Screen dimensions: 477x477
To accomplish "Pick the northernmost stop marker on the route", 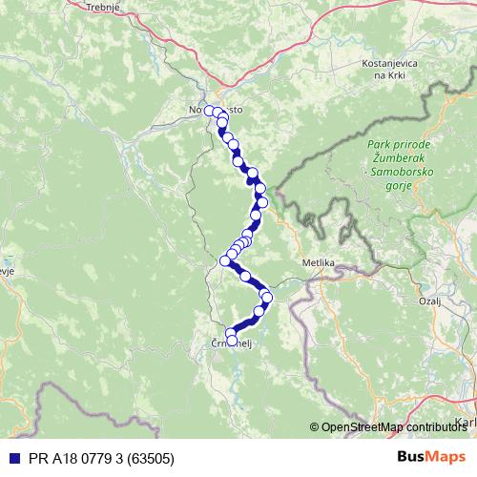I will (210, 112).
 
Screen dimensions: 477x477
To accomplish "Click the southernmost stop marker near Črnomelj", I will (232, 341).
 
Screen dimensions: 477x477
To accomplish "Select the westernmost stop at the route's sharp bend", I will (226, 260).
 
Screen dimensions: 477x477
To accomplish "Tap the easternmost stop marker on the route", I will (267, 298).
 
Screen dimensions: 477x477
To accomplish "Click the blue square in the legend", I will (11, 457).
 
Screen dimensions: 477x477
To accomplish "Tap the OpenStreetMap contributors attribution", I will (392, 427).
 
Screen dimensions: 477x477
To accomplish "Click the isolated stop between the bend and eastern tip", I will (245, 277).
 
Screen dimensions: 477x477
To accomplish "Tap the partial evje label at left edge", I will (8, 270).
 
